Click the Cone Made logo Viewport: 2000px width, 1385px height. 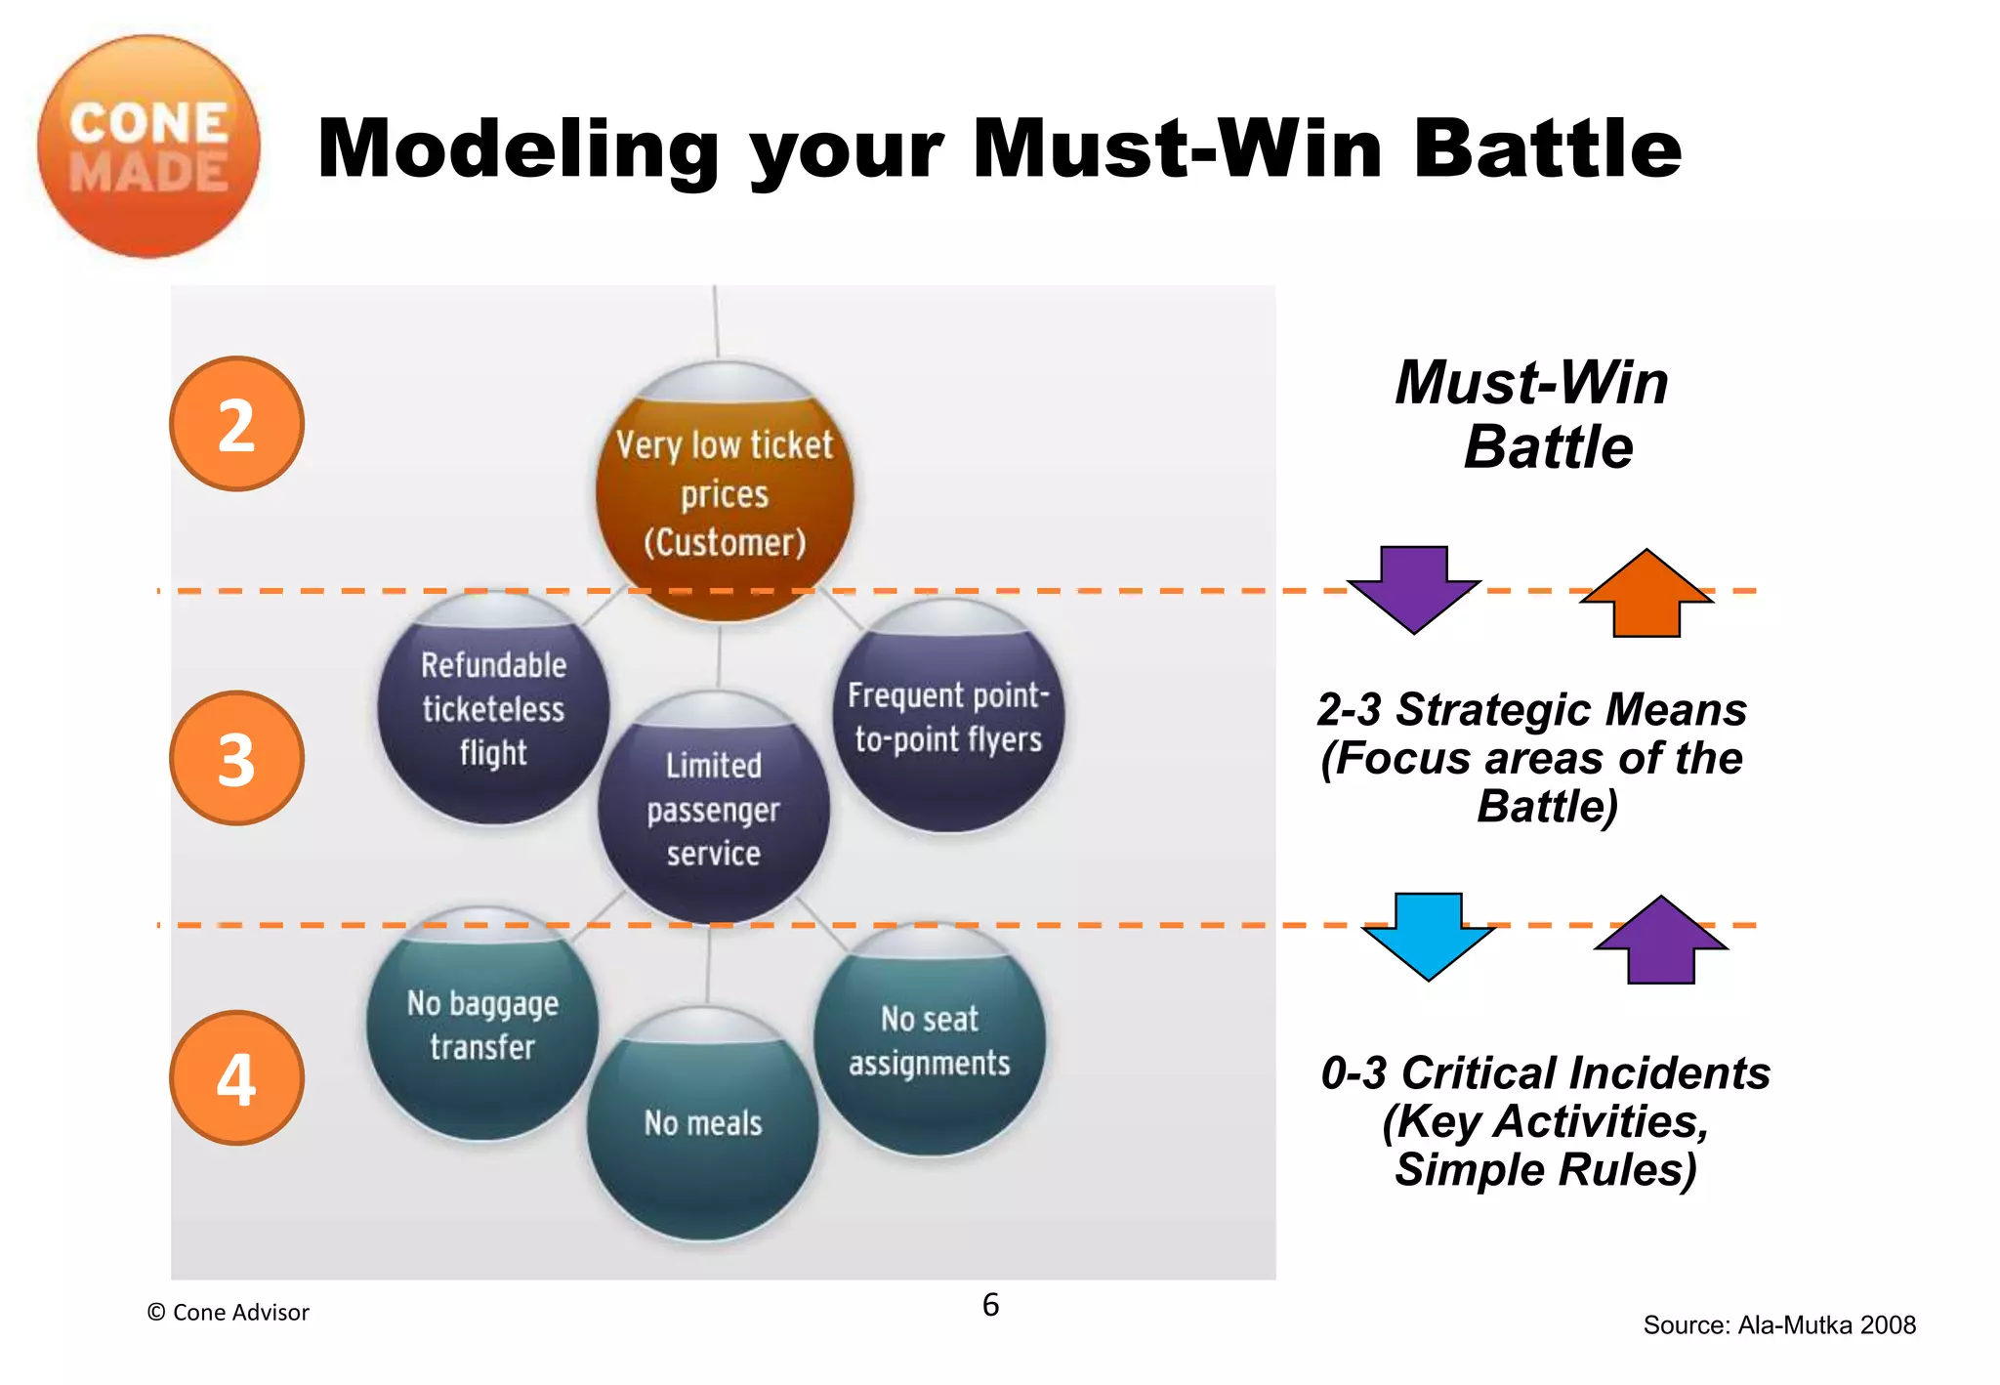[x=148, y=147]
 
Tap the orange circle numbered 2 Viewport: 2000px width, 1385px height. [x=236, y=424]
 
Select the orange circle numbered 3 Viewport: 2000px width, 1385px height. [x=236, y=759]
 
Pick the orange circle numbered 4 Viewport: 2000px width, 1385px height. [x=236, y=1078]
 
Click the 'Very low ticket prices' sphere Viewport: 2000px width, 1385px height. [x=725, y=493]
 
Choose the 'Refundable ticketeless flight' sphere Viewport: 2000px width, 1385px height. [x=493, y=709]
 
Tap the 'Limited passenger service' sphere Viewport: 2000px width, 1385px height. [x=714, y=809]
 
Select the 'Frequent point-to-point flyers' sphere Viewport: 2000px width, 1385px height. [x=948, y=717]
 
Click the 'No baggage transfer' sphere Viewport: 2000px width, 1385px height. [x=482, y=1025]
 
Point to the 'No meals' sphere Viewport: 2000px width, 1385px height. [x=703, y=1123]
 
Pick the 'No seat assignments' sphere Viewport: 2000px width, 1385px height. [x=929, y=1041]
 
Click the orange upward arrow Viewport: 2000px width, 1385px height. [x=1646, y=594]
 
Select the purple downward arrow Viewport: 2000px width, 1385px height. [x=1413, y=588]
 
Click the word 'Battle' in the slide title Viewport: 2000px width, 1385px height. [x=1547, y=149]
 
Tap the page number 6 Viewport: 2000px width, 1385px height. [x=990, y=1305]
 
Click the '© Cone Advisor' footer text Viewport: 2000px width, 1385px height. [x=228, y=1313]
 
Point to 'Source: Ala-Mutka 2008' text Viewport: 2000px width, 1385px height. [x=1778, y=1325]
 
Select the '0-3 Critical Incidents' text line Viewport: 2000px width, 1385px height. [x=1545, y=1073]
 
